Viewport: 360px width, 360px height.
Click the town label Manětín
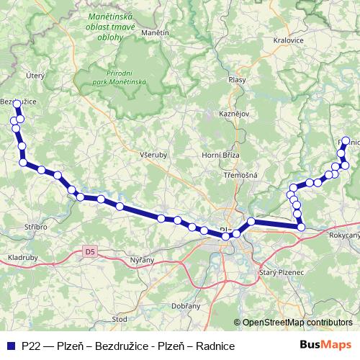(x=156, y=33)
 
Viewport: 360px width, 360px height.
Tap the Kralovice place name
(x=288, y=41)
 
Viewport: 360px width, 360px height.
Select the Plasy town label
(x=236, y=80)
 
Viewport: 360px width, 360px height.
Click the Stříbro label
(x=35, y=227)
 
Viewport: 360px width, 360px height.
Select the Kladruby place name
(x=23, y=257)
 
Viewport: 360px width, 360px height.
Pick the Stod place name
(x=120, y=318)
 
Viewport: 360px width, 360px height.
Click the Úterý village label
(x=35, y=74)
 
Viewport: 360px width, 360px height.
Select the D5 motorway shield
(x=89, y=251)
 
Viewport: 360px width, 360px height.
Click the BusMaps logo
(x=325, y=346)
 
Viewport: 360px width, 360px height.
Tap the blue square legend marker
(x=9, y=346)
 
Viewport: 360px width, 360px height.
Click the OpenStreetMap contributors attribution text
(x=297, y=323)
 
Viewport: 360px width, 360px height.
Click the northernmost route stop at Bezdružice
(x=17, y=105)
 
